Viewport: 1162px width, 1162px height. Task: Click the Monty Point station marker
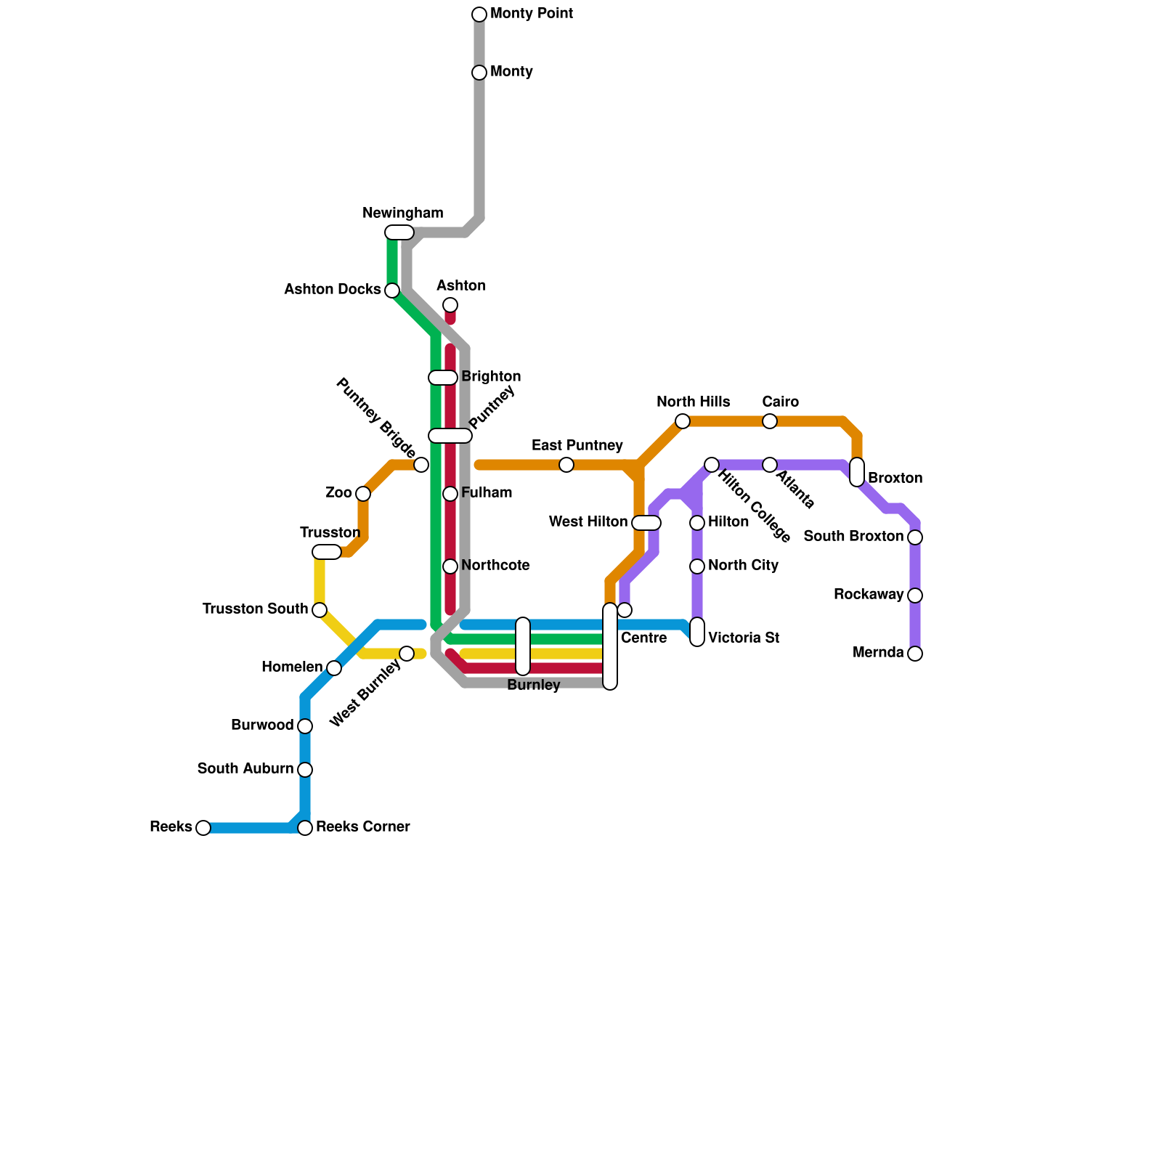(479, 15)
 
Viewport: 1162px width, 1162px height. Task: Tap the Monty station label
(511, 72)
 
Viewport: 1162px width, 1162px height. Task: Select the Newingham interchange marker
(399, 232)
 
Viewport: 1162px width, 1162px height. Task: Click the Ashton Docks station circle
(392, 290)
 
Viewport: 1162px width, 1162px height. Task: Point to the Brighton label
(491, 377)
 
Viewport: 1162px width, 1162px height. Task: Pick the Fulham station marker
(450, 494)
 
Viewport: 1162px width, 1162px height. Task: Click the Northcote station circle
(450, 566)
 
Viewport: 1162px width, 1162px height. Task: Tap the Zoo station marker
(363, 494)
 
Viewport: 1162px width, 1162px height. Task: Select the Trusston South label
(256, 609)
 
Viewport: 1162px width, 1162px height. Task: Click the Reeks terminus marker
(203, 828)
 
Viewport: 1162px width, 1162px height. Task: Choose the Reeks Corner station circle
(305, 828)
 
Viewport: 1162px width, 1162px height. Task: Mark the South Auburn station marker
(305, 770)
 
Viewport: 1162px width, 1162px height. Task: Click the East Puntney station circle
(566, 465)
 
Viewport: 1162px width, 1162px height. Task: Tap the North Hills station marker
(683, 421)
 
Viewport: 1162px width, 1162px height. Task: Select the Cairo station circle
(770, 421)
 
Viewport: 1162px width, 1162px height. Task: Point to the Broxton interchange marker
(857, 472)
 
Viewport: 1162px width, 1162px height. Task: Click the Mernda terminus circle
(915, 654)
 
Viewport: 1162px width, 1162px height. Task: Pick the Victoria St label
(744, 638)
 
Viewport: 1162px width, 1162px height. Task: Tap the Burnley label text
(534, 686)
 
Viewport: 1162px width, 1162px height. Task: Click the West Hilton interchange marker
(646, 523)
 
